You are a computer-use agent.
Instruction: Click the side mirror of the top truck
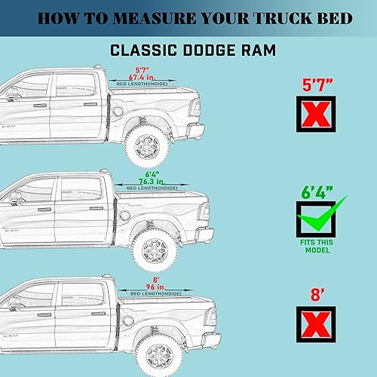[x=13, y=94]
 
